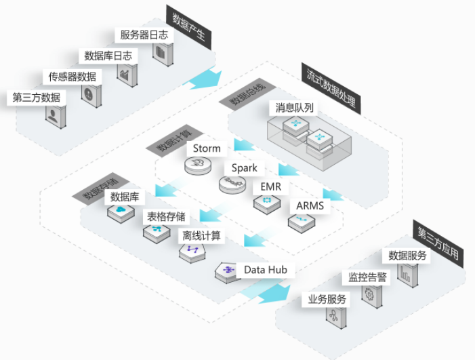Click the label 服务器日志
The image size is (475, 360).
pyautogui.click(x=144, y=35)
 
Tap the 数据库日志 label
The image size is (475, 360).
pyautogui.click(x=108, y=56)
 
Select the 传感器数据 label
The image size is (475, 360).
pyautogui.click(x=73, y=77)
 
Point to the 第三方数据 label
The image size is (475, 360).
pyautogui.click(x=37, y=98)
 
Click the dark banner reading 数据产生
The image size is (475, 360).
pyautogui.click(x=188, y=27)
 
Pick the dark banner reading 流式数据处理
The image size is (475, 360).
pyautogui.click(x=331, y=89)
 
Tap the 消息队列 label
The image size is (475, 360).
pyautogui.click(x=293, y=108)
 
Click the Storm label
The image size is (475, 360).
pyautogui.click(x=207, y=148)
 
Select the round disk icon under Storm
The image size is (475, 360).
pyautogui.click(x=198, y=165)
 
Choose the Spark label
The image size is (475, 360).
pyautogui.click(x=244, y=168)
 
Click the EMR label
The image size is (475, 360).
pyautogui.click(x=271, y=186)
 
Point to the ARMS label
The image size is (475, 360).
pyautogui.click(x=310, y=205)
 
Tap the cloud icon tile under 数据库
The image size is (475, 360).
pyautogui.click(x=121, y=213)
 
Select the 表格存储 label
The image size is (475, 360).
pyautogui.click(x=166, y=217)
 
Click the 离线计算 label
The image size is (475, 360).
pyautogui.click(x=201, y=236)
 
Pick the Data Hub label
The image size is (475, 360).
pyautogui.click(x=266, y=270)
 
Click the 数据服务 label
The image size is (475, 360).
pyautogui.click(x=407, y=256)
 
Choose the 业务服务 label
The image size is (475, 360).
pyautogui.click(x=327, y=300)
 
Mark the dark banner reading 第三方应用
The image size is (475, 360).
pyautogui.click(x=438, y=244)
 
